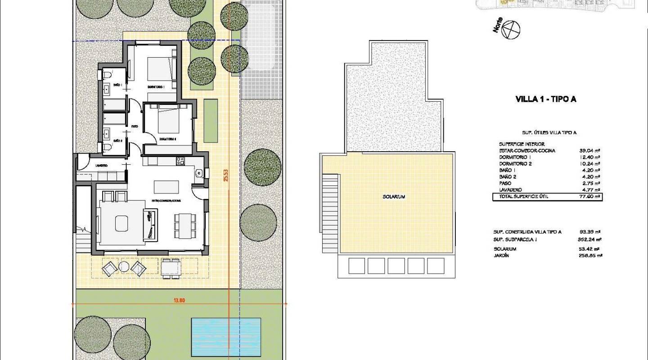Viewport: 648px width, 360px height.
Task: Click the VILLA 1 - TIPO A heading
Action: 545,99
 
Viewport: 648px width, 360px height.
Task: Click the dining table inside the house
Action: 185,226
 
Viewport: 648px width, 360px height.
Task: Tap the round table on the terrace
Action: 124,266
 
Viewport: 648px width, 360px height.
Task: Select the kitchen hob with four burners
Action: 180,160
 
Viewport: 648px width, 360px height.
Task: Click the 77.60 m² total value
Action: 590,197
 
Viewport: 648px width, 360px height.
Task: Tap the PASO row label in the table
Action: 505,184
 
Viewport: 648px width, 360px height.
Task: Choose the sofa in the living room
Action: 151,224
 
